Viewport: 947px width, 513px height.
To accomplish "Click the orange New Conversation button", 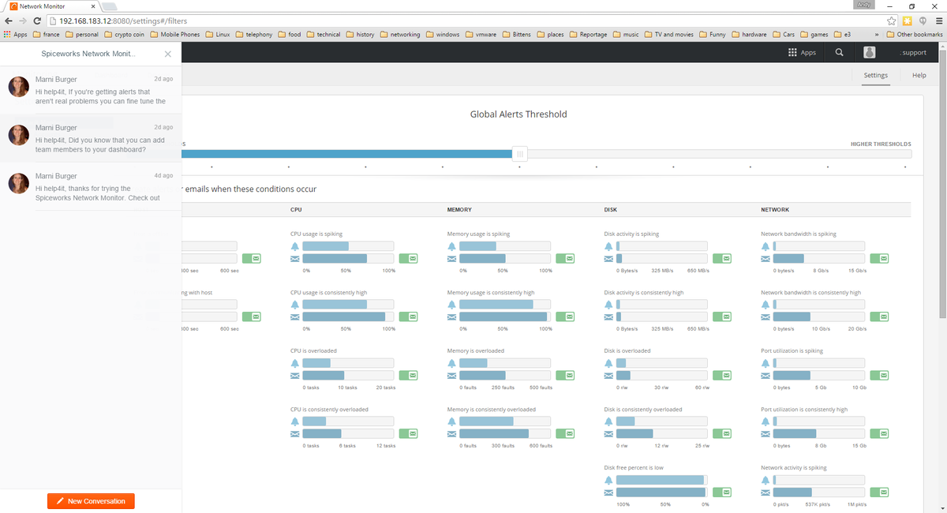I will pyautogui.click(x=91, y=501).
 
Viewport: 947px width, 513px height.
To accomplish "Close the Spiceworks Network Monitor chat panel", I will pyautogui.click(x=167, y=54).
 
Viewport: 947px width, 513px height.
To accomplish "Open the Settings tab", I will pyautogui.click(x=875, y=76).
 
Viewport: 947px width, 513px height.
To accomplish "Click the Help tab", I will pyautogui.click(x=919, y=76).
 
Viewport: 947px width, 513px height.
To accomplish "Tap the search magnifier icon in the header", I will pyautogui.click(x=839, y=53).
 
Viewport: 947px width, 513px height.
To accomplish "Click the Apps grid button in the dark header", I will pyautogui.click(x=802, y=53).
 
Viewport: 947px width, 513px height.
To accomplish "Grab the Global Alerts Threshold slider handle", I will pyautogui.click(x=519, y=154).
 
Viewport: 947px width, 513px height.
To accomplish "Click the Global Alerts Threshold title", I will pyautogui.click(x=518, y=114).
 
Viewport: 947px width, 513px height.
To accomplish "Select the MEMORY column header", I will pyautogui.click(x=459, y=210).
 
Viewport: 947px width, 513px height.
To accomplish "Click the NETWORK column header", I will pyautogui.click(x=774, y=210).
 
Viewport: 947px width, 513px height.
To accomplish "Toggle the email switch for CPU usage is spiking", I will pyautogui.click(x=408, y=259).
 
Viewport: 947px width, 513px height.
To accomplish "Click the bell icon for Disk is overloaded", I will pyautogui.click(x=608, y=363).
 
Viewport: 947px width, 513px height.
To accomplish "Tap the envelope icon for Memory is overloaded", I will pyautogui.click(x=452, y=376).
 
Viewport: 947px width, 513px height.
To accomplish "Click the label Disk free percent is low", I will pyautogui.click(x=634, y=467).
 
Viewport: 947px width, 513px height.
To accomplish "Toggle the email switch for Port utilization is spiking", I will pyautogui.click(x=879, y=376).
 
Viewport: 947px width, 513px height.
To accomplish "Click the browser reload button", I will pyautogui.click(x=37, y=21).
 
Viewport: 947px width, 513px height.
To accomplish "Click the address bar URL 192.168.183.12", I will pyautogui.click(x=88, y=21).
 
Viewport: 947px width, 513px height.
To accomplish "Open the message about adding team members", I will pyautogui.click(x=91, y=138).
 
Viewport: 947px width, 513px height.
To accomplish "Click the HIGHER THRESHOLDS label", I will pyautogui.click(x=880, y=144).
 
